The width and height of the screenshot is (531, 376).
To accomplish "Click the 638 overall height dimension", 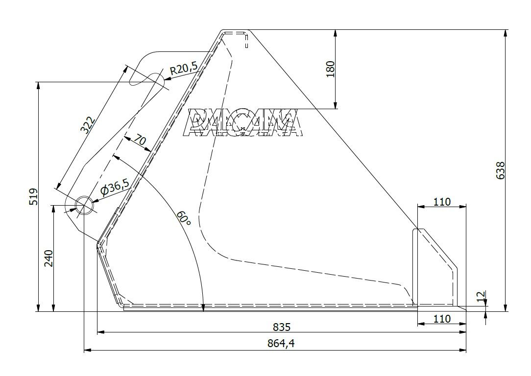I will [500, 170].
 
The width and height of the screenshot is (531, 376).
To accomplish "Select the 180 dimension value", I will [330, 69].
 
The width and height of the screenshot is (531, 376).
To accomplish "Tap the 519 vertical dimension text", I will [32, 197].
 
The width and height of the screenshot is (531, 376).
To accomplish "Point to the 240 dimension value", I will [48, 258].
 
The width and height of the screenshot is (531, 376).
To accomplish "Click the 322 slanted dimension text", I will [87, 126].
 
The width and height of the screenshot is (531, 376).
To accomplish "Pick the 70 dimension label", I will [139, 141].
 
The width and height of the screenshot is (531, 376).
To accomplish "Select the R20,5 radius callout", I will [183, 69].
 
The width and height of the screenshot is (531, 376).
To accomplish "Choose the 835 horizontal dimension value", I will [282, 327].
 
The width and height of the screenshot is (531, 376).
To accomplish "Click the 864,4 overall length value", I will [282, 344].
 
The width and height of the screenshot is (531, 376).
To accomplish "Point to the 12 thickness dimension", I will [481, 296].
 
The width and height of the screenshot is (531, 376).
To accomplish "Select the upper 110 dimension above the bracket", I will [442, 201].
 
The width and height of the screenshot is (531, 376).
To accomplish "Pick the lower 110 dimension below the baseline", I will [442, 319].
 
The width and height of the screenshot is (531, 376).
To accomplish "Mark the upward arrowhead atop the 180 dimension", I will [335, 33].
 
